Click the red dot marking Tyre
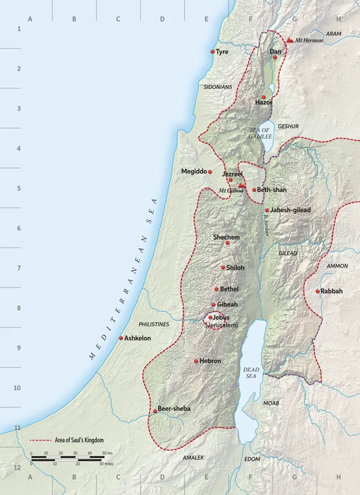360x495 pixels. tap(212, 52)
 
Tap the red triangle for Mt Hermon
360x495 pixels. tap(290, 40)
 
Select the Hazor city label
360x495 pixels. tap(263, 103)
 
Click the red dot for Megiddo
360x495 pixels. tap(209, 172)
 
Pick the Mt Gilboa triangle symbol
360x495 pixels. tap(241, 185)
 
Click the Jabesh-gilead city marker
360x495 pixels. tap(267, 210)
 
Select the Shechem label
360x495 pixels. tap(227, 237)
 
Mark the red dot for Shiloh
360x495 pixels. tap(223, 267)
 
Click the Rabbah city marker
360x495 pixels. tap(318, 291)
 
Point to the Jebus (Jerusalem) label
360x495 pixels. tap(222, 321)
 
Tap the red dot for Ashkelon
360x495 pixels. tap(121, 338)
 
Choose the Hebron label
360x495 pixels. tap(210, 361)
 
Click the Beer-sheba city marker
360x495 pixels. tap(154, 411)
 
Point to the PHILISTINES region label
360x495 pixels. tap(154, 324)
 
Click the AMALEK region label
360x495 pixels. tap(193, 457)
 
